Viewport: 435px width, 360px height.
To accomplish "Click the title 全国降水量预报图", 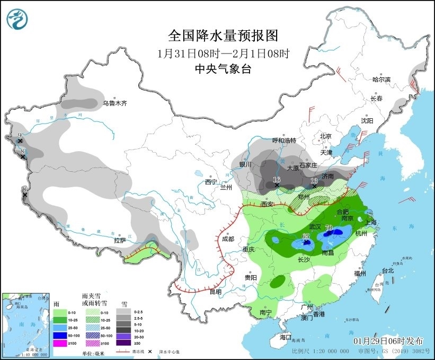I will pos(223,36).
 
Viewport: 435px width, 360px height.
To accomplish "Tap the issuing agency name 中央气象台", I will pos(223,69).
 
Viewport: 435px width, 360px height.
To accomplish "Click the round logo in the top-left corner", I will pos(17,19).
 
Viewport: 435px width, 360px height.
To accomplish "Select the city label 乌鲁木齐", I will pos(115,103).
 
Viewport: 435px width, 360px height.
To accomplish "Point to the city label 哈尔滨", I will pos(381,80).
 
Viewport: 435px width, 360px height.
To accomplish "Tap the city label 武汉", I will pos(315,226).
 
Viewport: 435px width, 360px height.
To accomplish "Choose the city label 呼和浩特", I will pos(284,141).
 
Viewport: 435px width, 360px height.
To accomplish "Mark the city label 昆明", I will pos(216,292).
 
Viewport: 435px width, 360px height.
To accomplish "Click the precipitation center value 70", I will pos(329,229).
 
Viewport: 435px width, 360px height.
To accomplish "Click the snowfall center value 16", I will pos(276,180).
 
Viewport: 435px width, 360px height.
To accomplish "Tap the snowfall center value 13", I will pos(314,181).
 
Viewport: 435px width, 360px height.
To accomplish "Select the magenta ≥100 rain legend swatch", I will pos(60,343).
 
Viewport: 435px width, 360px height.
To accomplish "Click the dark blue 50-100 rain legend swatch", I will pos(60,336).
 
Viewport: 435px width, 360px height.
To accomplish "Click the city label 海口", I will pos(286,337).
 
